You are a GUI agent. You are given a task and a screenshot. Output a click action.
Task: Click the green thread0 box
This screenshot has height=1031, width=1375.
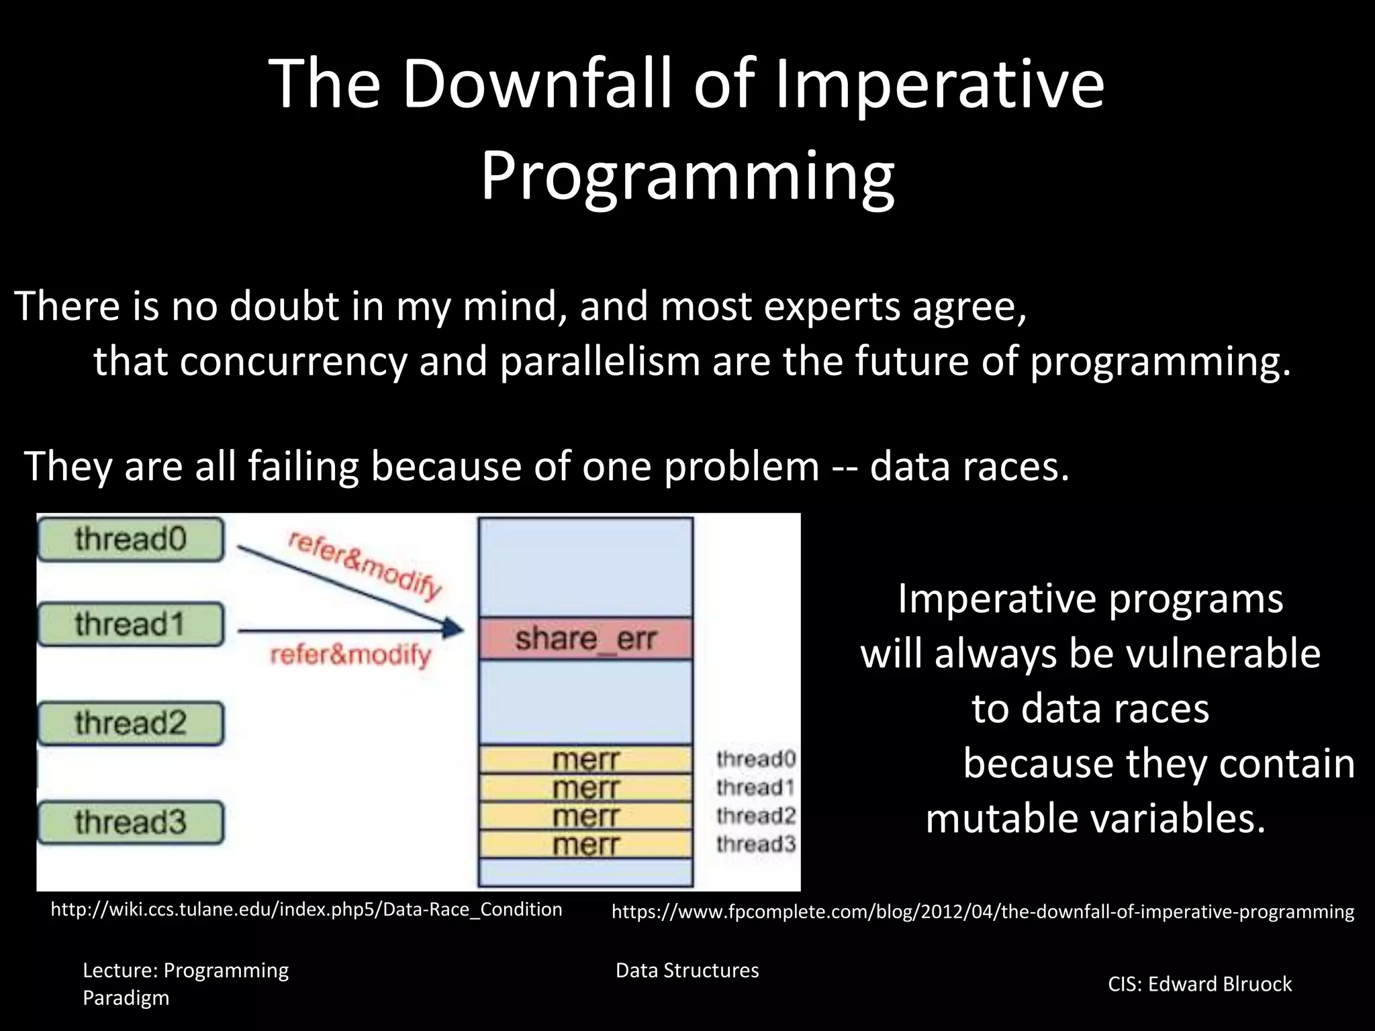click(130, 539)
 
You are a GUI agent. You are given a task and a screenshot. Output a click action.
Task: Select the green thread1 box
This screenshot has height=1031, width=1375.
click(130, 624)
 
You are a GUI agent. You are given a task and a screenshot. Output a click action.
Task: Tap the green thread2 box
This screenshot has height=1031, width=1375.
click(130, 723)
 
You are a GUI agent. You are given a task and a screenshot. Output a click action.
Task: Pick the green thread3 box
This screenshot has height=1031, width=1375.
click(130, 822)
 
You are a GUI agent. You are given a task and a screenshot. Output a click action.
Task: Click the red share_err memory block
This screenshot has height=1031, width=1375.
click(585, 638)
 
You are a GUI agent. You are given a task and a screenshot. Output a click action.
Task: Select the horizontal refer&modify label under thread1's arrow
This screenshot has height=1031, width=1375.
click(350, 654)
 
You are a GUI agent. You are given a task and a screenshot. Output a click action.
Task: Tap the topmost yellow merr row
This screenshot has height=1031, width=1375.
click(585, 760)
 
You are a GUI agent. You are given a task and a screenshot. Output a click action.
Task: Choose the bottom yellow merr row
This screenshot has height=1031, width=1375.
click(585, 844)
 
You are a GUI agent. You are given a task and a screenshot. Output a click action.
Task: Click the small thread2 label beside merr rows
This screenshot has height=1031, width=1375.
click(755, 816)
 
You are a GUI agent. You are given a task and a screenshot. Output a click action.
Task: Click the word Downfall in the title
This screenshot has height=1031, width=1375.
click(537, 83)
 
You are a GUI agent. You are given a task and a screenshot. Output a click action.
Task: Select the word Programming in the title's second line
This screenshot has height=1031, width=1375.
click(687, 176)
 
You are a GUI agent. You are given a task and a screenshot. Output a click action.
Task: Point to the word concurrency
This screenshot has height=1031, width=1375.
click(293, 362)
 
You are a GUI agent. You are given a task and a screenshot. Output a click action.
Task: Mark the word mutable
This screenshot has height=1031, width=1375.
click(999, 819)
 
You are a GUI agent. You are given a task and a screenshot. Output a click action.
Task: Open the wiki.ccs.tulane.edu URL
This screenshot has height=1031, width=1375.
click(306, 910)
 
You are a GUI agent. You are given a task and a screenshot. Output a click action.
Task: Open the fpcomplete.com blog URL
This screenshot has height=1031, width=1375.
click(982, 912)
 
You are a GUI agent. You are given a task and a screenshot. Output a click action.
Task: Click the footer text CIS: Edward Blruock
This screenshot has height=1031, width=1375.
click(1199, 984)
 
